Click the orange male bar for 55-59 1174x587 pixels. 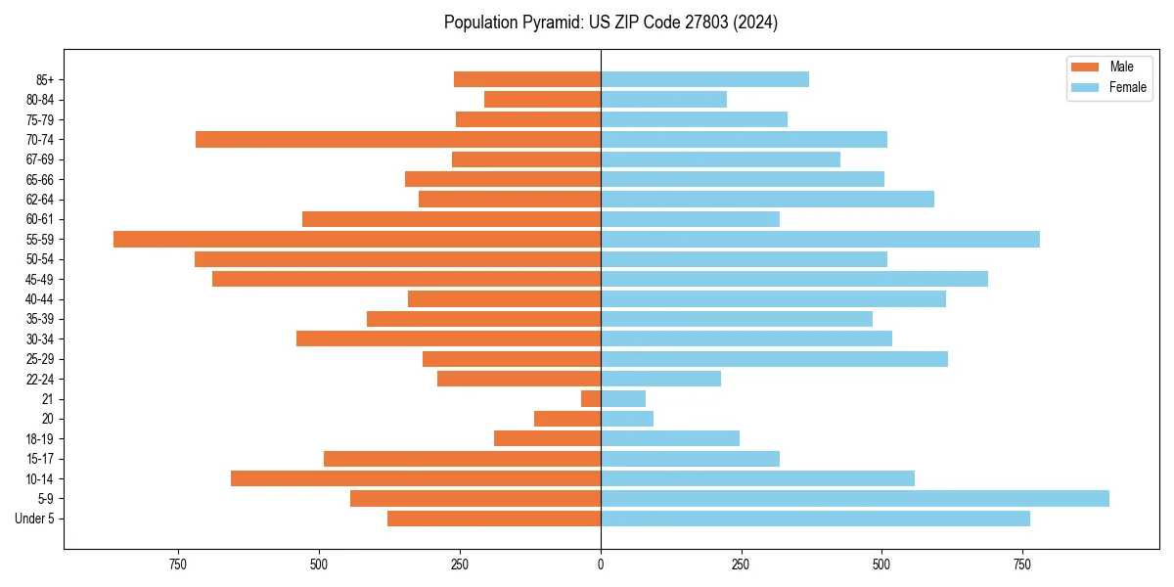click(x=357, y=239)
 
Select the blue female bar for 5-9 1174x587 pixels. click(x=854, y=498)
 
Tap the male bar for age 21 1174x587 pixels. click(x=591, y=398)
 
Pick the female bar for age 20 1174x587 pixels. click(x=627, y=419)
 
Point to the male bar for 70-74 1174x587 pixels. click(x=398, y=139)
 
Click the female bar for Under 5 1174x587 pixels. click(x=815, y=519)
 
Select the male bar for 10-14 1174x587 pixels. click(x=416, y=478)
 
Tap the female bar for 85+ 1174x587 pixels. click(x=704, y=79)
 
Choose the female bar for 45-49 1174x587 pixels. click(x=794, y=279)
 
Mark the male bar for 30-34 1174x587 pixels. click(x=448, y=339)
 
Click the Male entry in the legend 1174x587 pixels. click(x=1121, y=67)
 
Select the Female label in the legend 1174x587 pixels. click(x=1127, y=87)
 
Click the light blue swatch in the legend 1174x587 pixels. click(x=1085, y=87)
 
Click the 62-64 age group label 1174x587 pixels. click(x=40, y=199)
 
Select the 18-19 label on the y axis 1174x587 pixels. click(x=40, y=438)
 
